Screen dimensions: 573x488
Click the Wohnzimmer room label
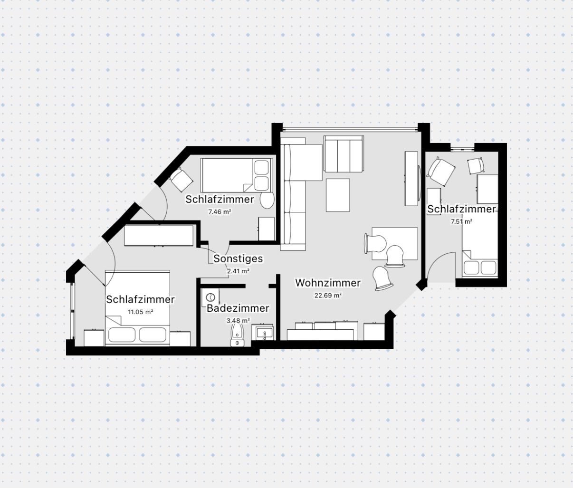point(328,283)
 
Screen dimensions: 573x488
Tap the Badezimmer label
point(238,308)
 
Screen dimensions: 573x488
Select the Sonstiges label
point(238,258)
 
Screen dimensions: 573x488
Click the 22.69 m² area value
point(328,295)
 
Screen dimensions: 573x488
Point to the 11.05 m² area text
point(140,312)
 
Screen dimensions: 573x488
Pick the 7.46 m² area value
point(220,212)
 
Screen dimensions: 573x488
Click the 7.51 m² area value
point(461,221)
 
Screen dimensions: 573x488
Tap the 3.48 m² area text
point(238,321)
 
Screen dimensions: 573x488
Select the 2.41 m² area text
point(238,271)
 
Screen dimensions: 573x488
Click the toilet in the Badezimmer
point(237,335)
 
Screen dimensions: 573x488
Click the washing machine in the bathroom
point(210,297)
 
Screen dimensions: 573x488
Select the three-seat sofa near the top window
point(344,154)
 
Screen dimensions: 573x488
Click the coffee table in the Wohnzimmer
point(338,195)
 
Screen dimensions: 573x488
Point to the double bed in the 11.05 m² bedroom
point(137,308)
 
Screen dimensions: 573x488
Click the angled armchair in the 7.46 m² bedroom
point(181,180)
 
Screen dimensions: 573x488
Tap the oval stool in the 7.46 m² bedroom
point(267,201)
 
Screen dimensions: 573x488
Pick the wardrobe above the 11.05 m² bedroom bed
point(159,236)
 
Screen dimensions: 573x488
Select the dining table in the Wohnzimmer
point(395,244)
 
